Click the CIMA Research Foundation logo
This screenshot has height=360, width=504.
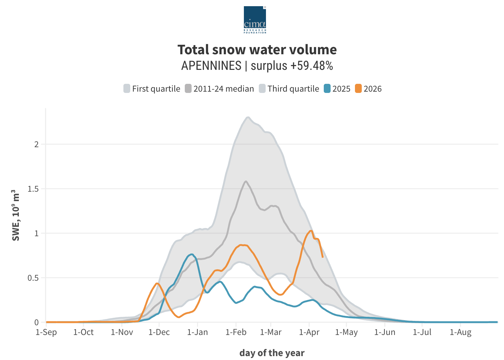(x=255, y=20)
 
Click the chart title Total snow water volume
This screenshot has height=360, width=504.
(x=257, y=50)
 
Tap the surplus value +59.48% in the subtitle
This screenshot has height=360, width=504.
(x=312, y=66)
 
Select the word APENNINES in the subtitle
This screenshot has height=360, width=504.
(x=211, y=66)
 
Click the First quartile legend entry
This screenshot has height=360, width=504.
(x=152, y=89)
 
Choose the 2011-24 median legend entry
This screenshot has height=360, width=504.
(x=220, y=89)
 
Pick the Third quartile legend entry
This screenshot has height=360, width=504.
(x=289, y=89)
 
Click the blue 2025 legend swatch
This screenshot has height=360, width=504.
(x=327, y=89)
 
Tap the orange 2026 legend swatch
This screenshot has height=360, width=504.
(x=359, y=89)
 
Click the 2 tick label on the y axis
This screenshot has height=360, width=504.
(x=36, y=144)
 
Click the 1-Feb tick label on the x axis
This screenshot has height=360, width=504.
(x=236, y=332)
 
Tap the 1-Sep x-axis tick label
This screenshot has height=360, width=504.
(x=46, y=332)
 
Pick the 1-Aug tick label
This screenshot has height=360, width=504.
(x=460, y=332)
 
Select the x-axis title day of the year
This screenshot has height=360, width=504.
(x=272, y=353)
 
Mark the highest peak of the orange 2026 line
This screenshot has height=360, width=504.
(x=311, y=231)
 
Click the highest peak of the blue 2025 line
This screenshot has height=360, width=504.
(x=192, y=254)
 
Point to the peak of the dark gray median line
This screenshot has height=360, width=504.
(x=246, y=181)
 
